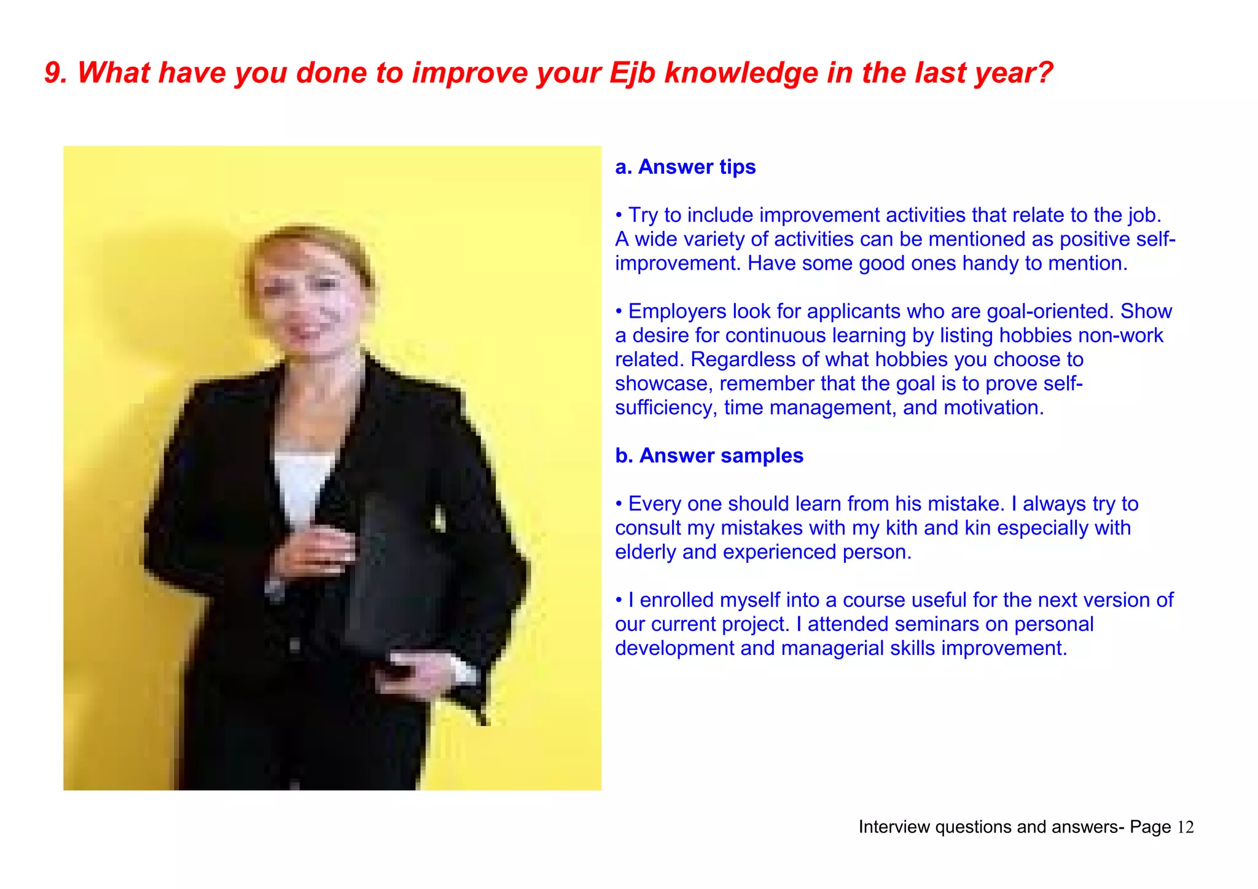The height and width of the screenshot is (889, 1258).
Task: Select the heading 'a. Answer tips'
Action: click(x=685, y=167)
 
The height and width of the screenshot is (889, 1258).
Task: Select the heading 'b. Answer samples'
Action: click(x=709, y=456)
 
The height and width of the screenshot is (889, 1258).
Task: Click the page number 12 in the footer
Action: click(x=1185, y=828)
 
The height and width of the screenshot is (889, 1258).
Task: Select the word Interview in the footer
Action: click(x=894, y=828)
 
